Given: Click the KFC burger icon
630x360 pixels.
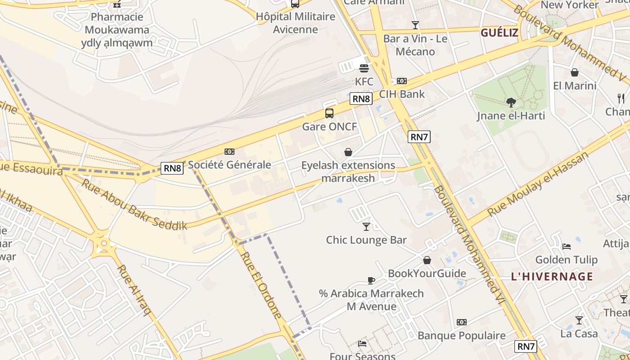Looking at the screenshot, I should [364, 68].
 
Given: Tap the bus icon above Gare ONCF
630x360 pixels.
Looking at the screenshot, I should [329, 113].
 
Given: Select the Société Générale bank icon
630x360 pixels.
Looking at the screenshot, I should [229, 152].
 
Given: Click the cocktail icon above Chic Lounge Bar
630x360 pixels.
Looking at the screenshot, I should [366, 227].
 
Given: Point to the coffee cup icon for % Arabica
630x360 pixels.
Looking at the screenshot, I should [371, 280].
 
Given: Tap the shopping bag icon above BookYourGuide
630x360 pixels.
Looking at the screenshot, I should [427, 260].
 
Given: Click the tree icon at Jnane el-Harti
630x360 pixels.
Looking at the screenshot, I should [511, 103].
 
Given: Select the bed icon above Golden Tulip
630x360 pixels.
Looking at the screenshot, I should [567, 247].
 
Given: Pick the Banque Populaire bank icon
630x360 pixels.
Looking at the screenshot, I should [462, 322].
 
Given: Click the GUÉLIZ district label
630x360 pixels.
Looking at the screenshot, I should [499, 33].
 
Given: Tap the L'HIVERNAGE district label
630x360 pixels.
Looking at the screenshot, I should [552, 276].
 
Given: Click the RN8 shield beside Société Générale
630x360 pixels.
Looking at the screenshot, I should [173, 168].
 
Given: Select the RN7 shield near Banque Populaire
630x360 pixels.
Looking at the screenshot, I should [526, 346].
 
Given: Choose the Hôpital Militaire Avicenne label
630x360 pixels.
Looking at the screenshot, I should [296, 23].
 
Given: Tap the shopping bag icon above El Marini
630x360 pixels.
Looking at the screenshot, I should [575, 72].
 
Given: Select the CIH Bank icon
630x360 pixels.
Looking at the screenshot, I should [401, 81].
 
